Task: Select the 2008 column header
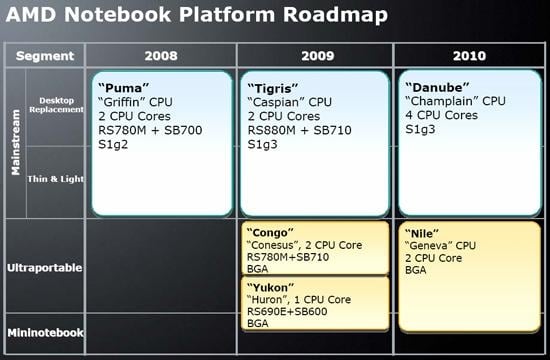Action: coord(163,55)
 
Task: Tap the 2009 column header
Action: coord(315,55)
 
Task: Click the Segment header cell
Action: coord(45,55)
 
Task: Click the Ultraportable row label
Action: coord(45,268)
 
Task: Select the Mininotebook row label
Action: coord(45,333)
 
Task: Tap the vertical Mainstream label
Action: coord(16,144)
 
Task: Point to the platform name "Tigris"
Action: coord(274,85)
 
